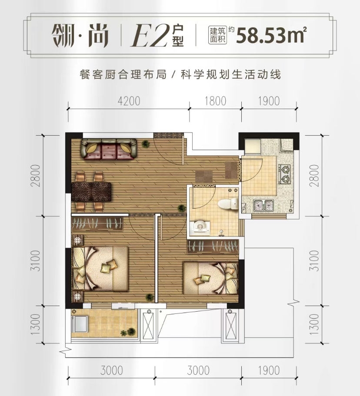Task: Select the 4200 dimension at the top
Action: [129, 101]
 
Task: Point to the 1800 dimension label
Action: [215, 101]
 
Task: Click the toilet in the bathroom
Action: [228, 204]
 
